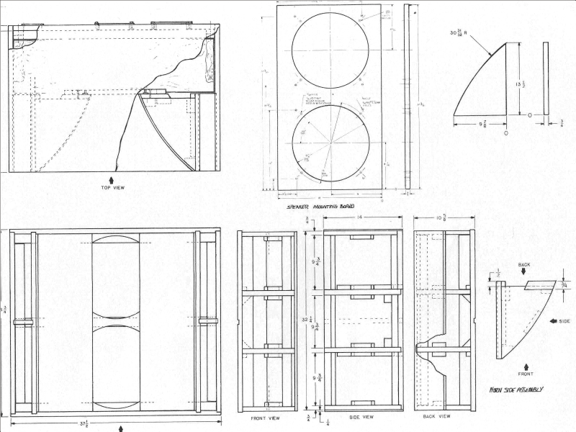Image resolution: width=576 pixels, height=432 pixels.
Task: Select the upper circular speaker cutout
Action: tap(330, 50)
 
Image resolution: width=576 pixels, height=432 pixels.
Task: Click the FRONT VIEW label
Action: tap(266, 418)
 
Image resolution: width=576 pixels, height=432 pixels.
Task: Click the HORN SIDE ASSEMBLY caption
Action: tap(516, 390)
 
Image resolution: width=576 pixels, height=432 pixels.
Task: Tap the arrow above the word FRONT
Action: tap(526, 366)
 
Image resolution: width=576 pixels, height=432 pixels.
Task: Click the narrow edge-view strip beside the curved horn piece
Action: tap(545, 78)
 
